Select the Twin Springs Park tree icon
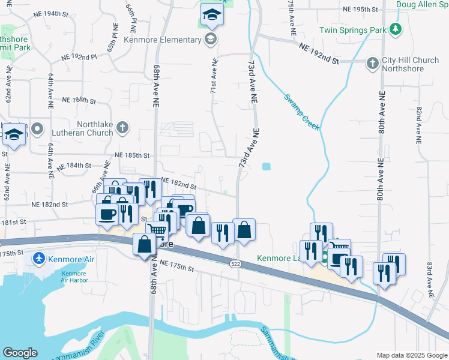click(395, 29)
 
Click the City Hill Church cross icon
click(373, 62)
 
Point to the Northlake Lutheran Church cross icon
click(122, 127)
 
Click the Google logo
click(20, 353)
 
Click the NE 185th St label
click(131, 155)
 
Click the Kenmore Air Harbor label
click(74, 277)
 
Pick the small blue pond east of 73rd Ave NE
click(267, 167)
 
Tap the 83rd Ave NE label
click(430, 280)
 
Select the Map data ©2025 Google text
click(411, 355)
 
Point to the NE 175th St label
click(178, 268)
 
